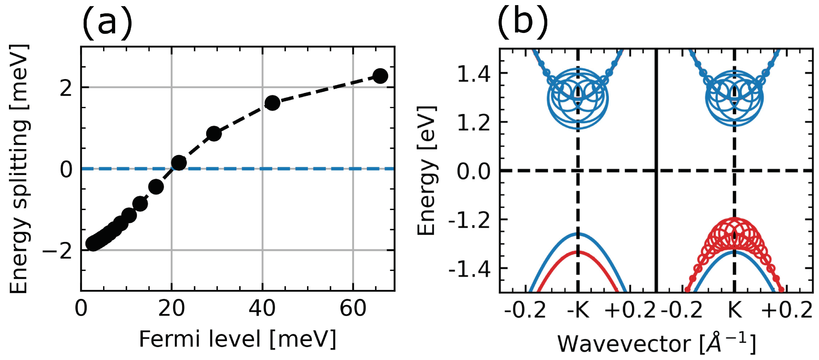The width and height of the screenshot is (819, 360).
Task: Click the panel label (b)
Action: click(x=523, y=22)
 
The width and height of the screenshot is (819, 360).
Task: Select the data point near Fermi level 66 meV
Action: click(x=380, y=76)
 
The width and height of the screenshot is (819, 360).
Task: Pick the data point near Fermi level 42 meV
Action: click(x=272, y=103)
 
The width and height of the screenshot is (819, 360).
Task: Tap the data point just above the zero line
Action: click(x=179, y=163)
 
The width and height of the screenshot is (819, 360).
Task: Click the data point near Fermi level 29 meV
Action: click(x=214, y=134)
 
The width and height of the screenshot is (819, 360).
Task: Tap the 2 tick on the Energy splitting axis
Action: click(x=66, y=88)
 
